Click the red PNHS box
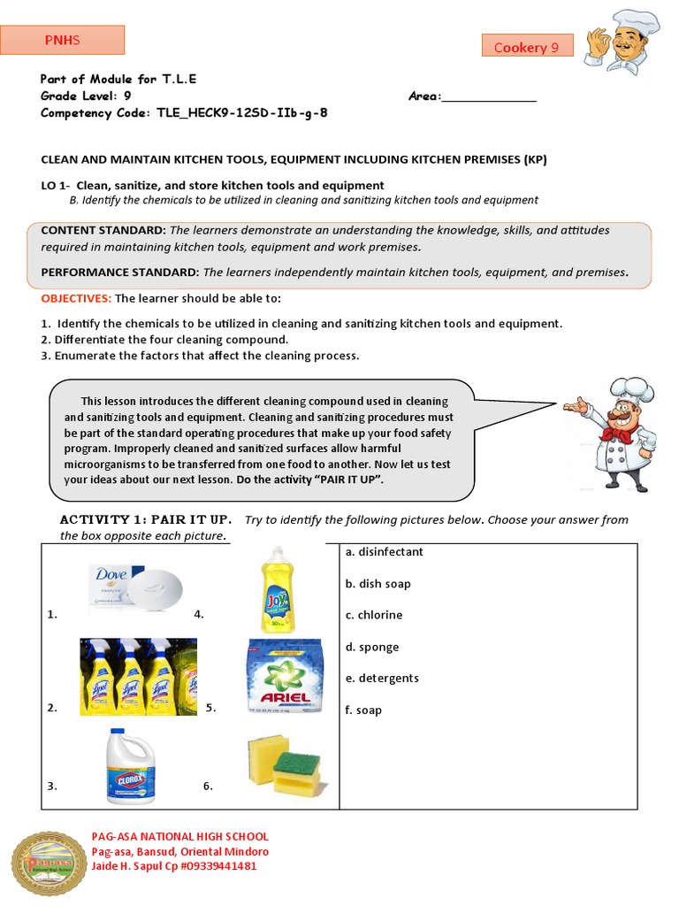(62, 40)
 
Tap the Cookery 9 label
(527, 47)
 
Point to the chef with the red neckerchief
(618, 434)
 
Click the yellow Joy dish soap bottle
(277, 589)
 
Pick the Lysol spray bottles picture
(138, 676)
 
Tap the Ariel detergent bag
(284, 676)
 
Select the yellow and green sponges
(286, 764)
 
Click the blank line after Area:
(489, 97)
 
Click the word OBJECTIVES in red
(75, 299)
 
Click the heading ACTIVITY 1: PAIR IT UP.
(146, 518)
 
